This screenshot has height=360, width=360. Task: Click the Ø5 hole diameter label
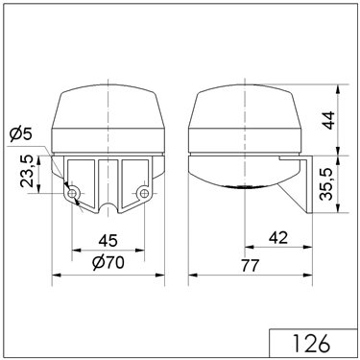pos(21,134)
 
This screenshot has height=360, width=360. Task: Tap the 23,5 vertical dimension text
pos(27,171)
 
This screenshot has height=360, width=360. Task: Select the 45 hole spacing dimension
pos(108,240)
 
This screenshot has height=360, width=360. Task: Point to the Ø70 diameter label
pos(108,263)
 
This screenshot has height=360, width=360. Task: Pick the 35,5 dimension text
pos(327,184)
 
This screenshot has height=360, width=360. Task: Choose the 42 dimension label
pos(278,238)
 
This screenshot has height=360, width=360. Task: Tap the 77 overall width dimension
pos(250,266)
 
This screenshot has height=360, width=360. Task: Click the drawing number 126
pos(311,344)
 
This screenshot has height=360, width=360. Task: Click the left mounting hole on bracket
pos(73,193)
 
